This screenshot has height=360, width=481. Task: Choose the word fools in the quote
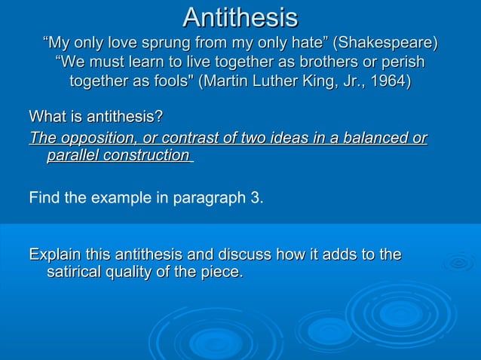pyautogui.click(x=170, y=81)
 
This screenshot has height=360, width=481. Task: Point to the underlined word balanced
pyautogui.click(x=369, y=138)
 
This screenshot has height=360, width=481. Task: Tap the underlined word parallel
pyautogui.click(x=72, y=155)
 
